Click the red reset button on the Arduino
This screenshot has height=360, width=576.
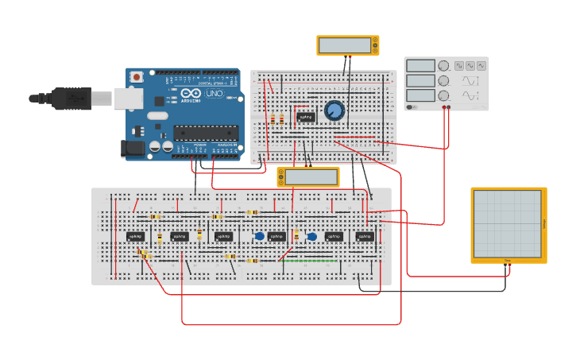tap(137, 77)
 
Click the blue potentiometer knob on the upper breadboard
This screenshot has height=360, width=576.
tap(334, 110)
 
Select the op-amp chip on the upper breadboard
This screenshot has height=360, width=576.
tap(306, 117)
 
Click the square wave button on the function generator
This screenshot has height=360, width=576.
tap(459, 65)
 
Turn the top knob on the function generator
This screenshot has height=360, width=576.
tap(443, 66)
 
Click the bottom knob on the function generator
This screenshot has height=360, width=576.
tap(443, 95)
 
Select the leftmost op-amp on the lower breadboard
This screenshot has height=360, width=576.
tap(135, 236)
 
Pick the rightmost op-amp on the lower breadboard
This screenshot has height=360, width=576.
tap(364, 236)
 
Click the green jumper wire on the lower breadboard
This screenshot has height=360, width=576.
tap(310, 261)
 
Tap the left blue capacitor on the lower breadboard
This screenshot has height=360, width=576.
tap(260, 235)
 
